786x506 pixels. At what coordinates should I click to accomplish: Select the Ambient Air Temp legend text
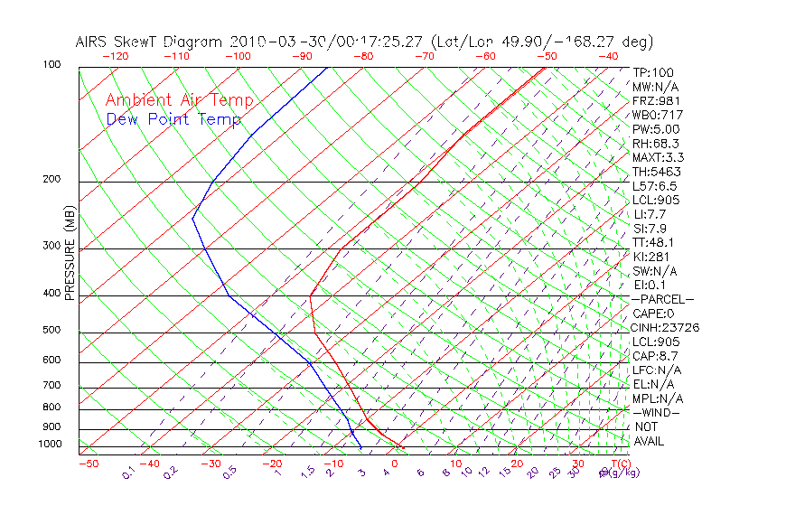[180, 101]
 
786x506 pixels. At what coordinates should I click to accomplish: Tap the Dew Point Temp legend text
[173, 119]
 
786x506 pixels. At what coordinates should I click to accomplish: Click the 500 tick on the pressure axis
[51, 330]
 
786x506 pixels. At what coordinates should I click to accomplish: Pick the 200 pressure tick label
[51, 180]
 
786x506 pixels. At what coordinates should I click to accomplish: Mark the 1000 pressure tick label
[49, 444]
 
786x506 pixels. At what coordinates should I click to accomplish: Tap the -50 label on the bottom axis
[88, 464]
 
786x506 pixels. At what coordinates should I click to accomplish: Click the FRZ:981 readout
[656, 101]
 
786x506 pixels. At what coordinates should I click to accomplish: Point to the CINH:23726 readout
[666, 328]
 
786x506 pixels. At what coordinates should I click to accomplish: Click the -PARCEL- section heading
[662, 299]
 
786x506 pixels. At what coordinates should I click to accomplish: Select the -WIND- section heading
[657, 413]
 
